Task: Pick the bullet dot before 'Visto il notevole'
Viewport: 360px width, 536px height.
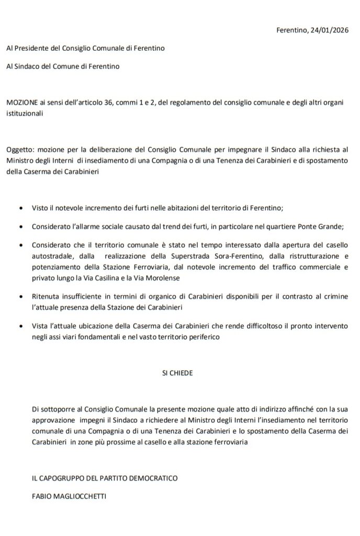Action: coord(20,208)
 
